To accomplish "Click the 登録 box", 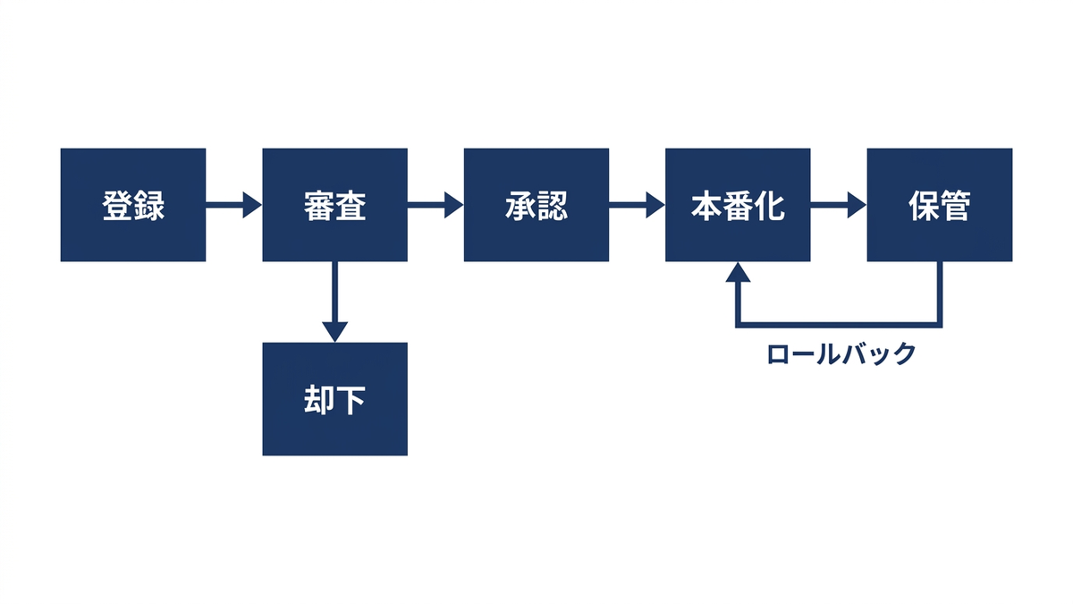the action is click(x=133, y=205).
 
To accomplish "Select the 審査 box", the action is click(x=334, y=205).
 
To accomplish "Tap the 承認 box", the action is click(x=536, y=205).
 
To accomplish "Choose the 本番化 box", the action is click(x=738, y=205).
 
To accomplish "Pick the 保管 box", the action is click(x=940, y=205).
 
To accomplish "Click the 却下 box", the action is click(x=334, y=399).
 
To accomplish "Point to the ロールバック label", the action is click(x=841, y=354).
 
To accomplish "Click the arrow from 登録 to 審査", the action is click(x=233, y=205).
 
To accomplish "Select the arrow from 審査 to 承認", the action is click(x=435, y=205).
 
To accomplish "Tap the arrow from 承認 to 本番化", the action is click(x=637, y=205).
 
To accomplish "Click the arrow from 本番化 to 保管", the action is click(x=839, y=205).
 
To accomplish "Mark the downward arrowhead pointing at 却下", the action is click(x=334, y=332).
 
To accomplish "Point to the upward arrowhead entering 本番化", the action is click(x=738, y=272).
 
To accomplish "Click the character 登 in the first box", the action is click(x=117, y=206).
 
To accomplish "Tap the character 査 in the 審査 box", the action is click(x=351, y=206).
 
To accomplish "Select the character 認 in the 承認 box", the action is click(x=553, y=206).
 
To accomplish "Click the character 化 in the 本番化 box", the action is click(x=769, y=206).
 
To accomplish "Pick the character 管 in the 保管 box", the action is click(x=956, y=206).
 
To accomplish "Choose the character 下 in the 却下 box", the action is click(x=351, y=400).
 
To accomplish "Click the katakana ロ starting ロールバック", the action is click(x=778, y=354).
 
